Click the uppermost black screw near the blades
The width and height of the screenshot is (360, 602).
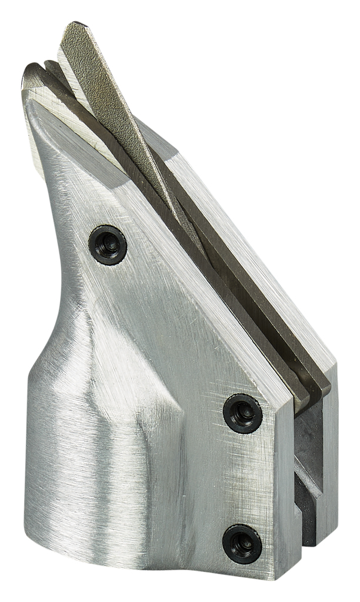[x=108, y=245]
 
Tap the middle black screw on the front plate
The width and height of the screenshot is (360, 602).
[x=242, y=414]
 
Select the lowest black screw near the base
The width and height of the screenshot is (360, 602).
[x=242, y=543]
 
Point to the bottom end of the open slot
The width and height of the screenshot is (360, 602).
[x=309, y=564]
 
